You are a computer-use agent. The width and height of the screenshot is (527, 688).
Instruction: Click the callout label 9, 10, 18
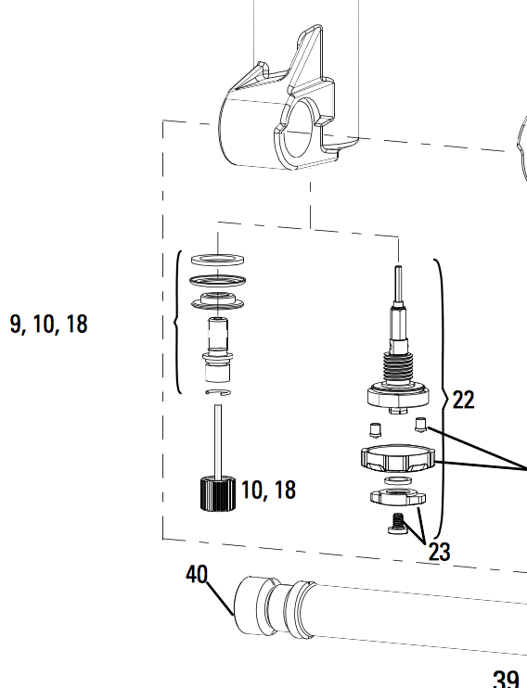[x=49, y=325]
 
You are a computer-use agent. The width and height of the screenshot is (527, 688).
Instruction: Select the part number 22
[x=463, y=400]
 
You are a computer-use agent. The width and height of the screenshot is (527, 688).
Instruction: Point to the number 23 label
[x=439, y=552]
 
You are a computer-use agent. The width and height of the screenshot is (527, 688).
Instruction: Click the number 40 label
[x=197, y=574]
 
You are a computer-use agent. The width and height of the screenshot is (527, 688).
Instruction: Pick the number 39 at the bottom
[x=506, y=679]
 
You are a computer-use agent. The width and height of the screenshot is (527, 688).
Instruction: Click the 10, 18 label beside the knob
[x=269, y=490]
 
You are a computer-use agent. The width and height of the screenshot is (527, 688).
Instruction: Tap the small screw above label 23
[x=398, y=524]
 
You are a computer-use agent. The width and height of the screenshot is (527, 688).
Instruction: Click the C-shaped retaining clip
[x=218, y=392]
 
